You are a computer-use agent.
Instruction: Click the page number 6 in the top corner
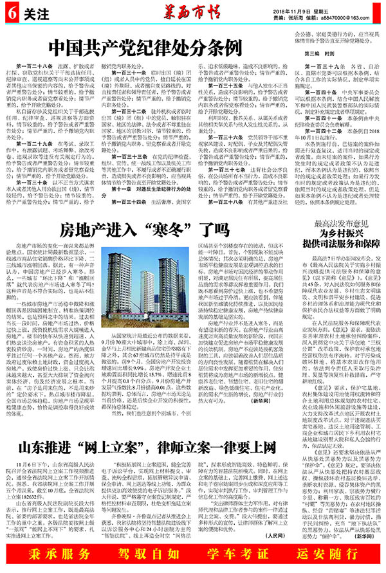pos(11,12)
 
